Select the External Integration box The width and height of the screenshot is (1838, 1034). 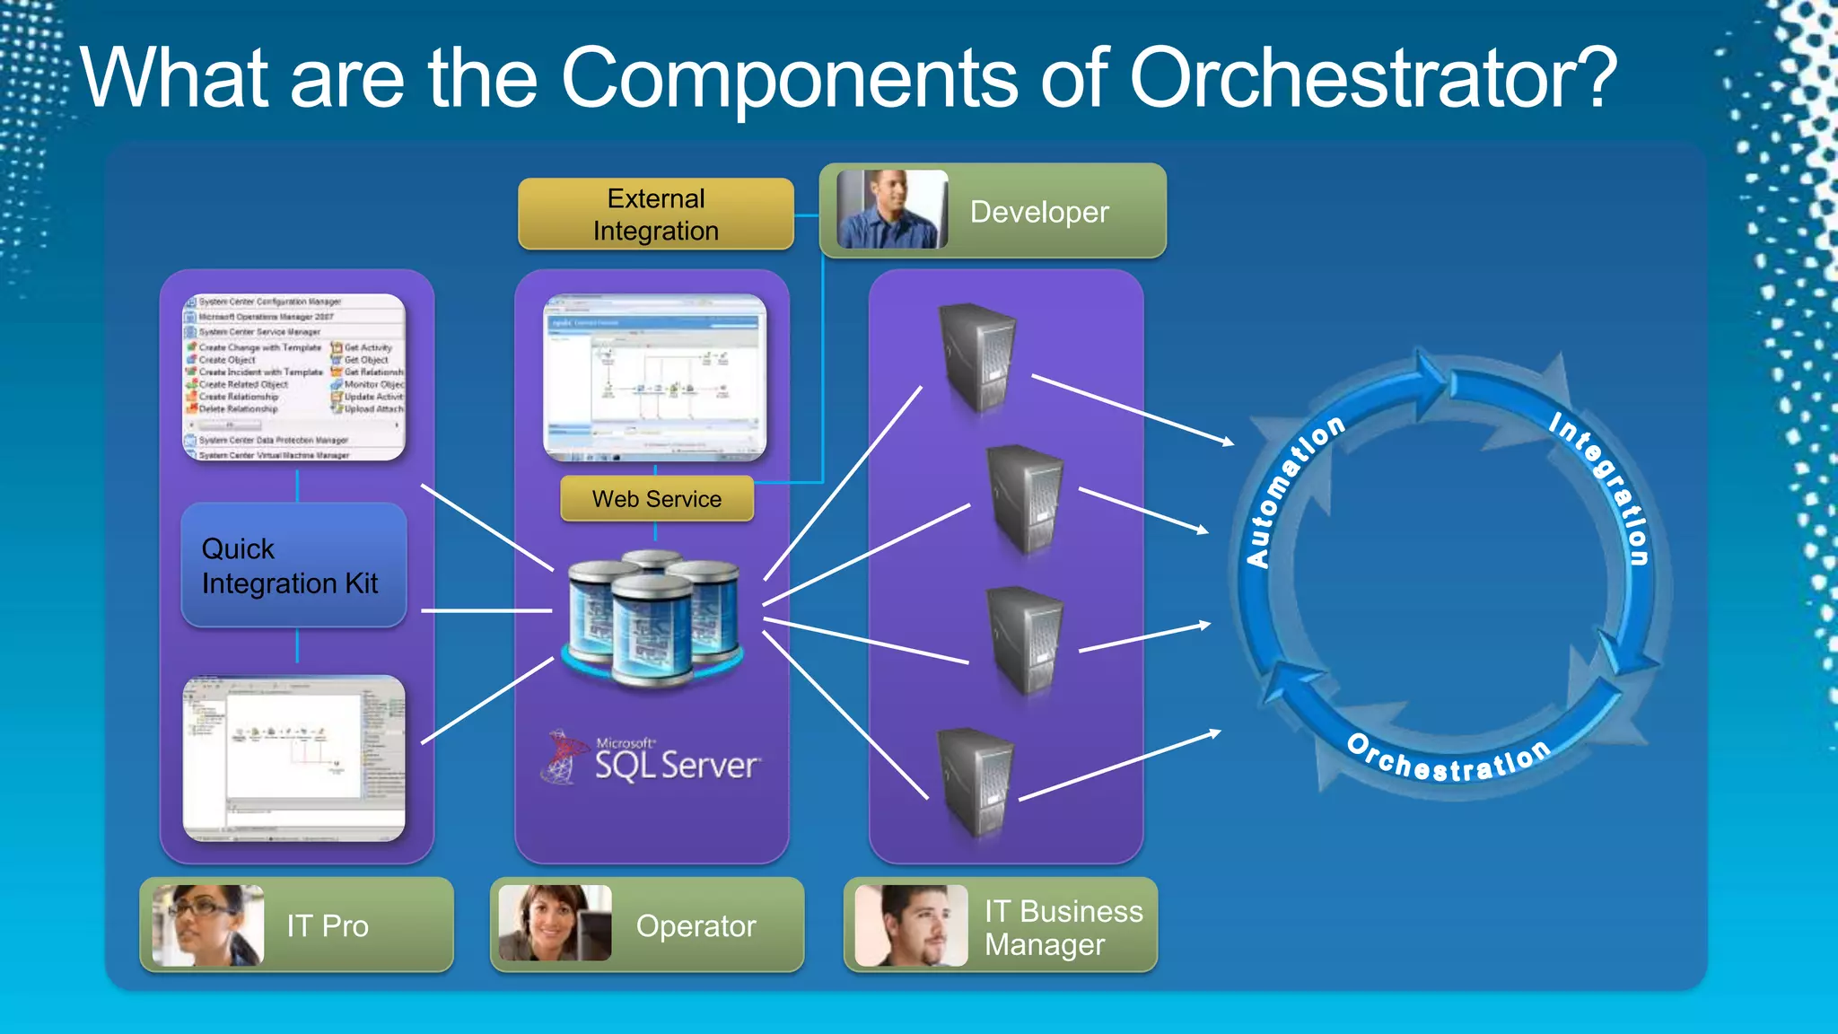coord(655,215)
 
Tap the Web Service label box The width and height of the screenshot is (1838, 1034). coord(656,499)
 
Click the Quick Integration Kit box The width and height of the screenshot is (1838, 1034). coord(293,565)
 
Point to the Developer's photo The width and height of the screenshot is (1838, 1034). coord(891,210)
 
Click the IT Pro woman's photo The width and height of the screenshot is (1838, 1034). coord(208,925)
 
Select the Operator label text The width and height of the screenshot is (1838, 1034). coord(696,926)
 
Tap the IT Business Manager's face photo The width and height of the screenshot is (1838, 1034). coord(910,925)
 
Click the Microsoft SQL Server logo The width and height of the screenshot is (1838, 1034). coord(652,759)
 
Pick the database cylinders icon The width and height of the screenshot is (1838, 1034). coord(652,619)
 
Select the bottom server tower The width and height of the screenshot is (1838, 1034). coord(976,781)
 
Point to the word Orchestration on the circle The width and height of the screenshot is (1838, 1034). coord(1449,759)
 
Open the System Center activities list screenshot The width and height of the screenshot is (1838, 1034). coord(294,378)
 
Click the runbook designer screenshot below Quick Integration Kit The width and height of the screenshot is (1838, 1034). coord(294,758)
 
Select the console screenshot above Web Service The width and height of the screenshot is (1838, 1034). coord(655,378)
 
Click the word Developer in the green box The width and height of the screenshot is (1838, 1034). coord(1039,212)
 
